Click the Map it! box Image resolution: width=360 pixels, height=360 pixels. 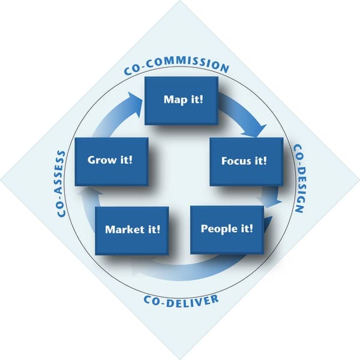pyautogui.click(x=181, y=101)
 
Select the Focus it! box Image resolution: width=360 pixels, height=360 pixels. pyautogui.click(x=247, y=161)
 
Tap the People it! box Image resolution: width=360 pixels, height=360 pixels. pyautogui.click(x=227, y=230)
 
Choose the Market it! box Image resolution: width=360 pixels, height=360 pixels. pyautogui.click(x=132, y=231)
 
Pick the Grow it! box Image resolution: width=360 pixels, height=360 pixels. pyautogui.click(x=112, y=161)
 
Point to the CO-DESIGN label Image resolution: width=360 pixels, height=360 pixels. pyautogui.click(x=299, y=178)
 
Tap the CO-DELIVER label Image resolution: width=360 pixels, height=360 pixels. pyautogui.click(x=181, y=301)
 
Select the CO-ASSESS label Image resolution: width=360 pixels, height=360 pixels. pyautogui.click(x=61, y=184)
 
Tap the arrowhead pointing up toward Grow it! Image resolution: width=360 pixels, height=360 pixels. pyautogui.click(x=91, y=192)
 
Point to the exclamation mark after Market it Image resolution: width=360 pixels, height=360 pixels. pyautogui.click(x=158, y=229)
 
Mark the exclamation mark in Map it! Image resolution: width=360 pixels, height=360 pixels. pyautogui.click(x=202, y=100)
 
